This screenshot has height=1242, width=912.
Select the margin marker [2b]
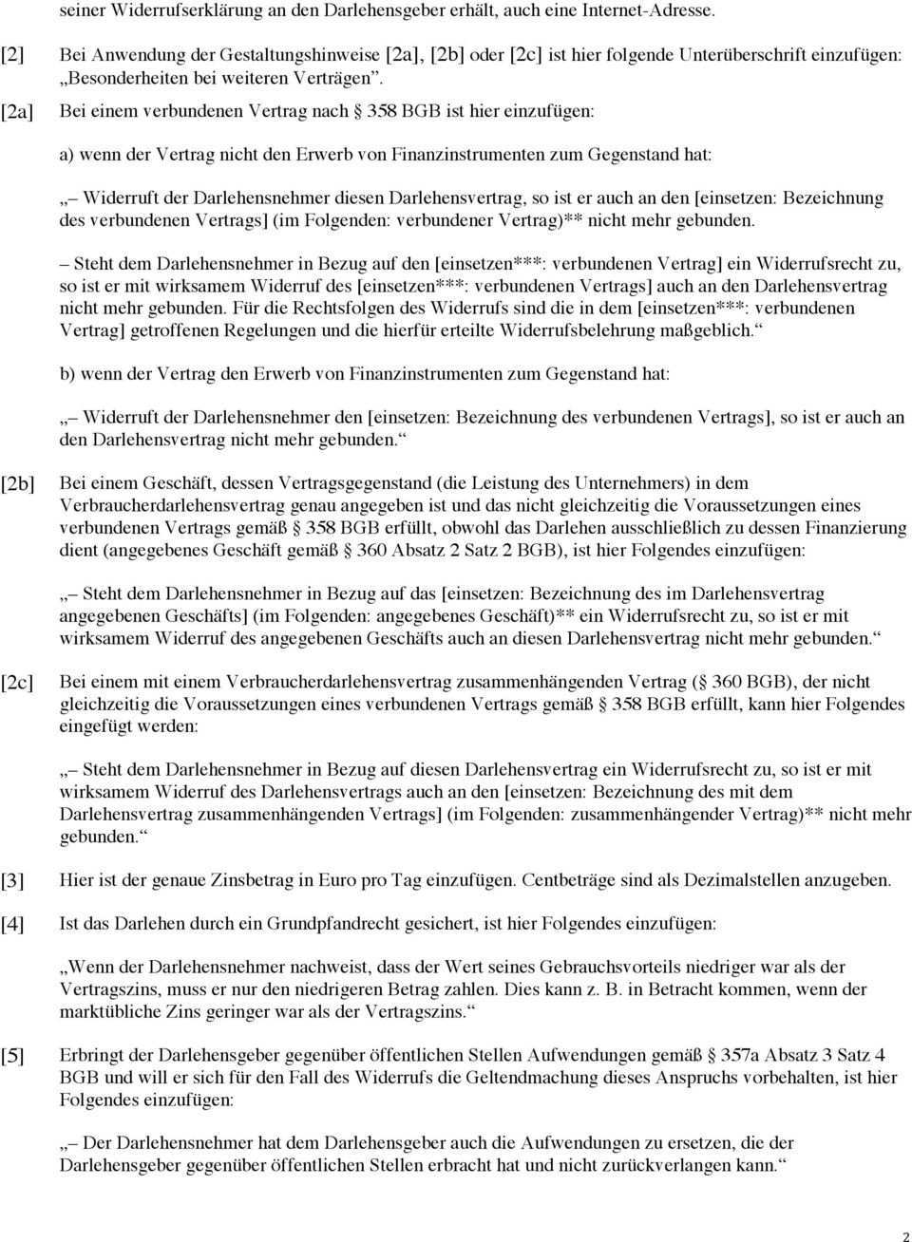click(x=16, y=483)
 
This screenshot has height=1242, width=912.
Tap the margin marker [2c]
click(x=16, y=682)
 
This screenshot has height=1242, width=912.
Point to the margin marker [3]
click(x=12, y=880)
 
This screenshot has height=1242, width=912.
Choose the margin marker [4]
click(x=12, y=924)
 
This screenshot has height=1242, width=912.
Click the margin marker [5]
click(x=12, y=1055)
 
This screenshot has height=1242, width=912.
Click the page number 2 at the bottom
click(x=903, y=1234)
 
